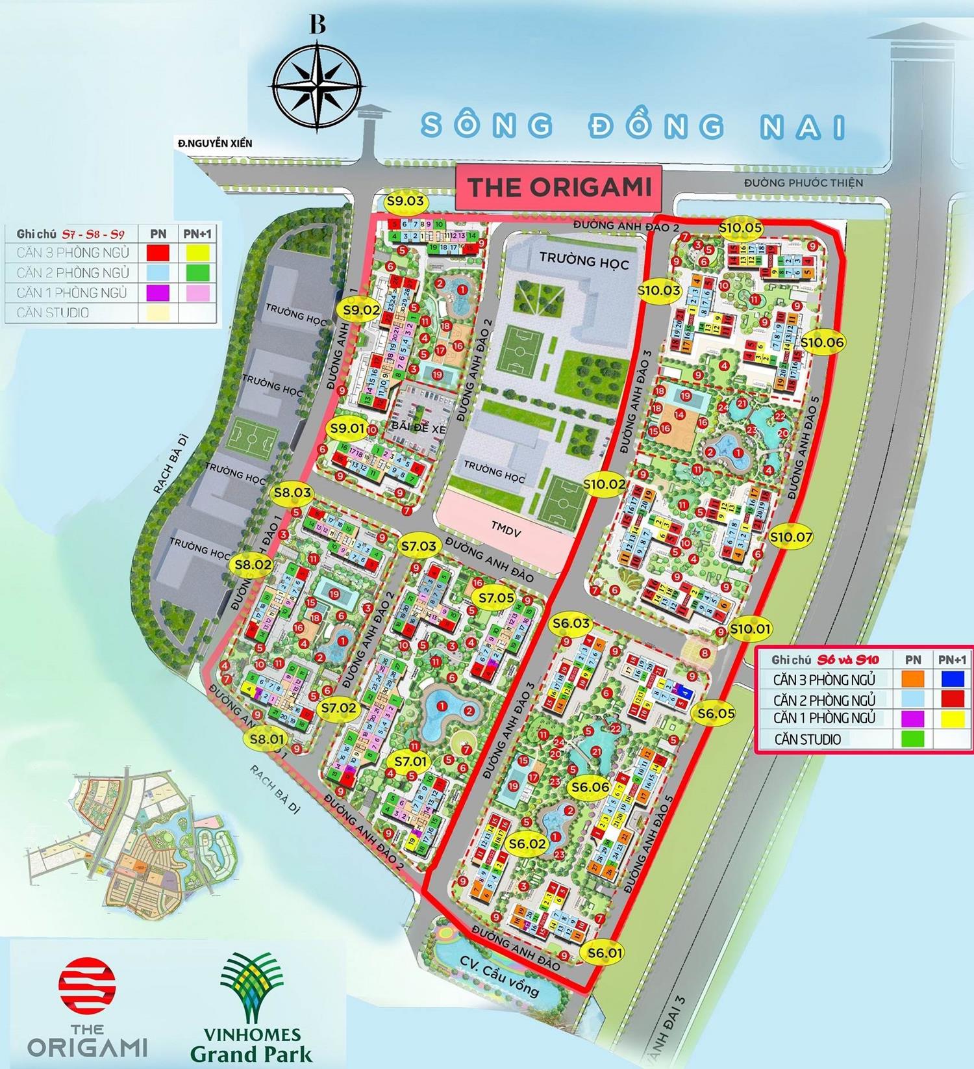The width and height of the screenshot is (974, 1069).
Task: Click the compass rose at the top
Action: pyautogui.click(x=317, y=85)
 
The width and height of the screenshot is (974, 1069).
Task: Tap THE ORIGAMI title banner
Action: pyautogui.click(x=559, y=187)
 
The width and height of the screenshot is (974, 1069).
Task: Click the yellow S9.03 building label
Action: pyautogui.click(x=405, y=201)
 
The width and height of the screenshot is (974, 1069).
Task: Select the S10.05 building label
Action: pyautogui.click(x=740, y=227)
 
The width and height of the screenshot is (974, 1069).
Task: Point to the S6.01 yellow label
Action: pyautogui.click(x=605, y=953)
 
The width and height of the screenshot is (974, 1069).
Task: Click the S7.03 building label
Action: pyautogui.click(x=419, y=546)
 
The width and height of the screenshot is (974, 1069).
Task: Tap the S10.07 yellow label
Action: pyautogui.click(x=791, y=537)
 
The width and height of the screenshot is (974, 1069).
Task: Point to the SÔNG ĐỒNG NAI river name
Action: pyautogui.click(x=633, y=125)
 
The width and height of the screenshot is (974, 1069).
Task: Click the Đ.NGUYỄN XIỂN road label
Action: pyautogui.click(x=215, y=143)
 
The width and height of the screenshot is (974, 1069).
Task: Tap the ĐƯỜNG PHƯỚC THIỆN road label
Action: pyautogui.click(x=803, y=183)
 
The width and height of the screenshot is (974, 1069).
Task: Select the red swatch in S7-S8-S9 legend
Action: pyautogui.click(x=158, y=252)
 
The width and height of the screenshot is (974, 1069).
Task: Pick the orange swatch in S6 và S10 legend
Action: pyautogui.click(x=912, y=679)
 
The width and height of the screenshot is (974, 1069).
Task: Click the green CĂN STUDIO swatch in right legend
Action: pyautogui.click(x=912, y=739)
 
